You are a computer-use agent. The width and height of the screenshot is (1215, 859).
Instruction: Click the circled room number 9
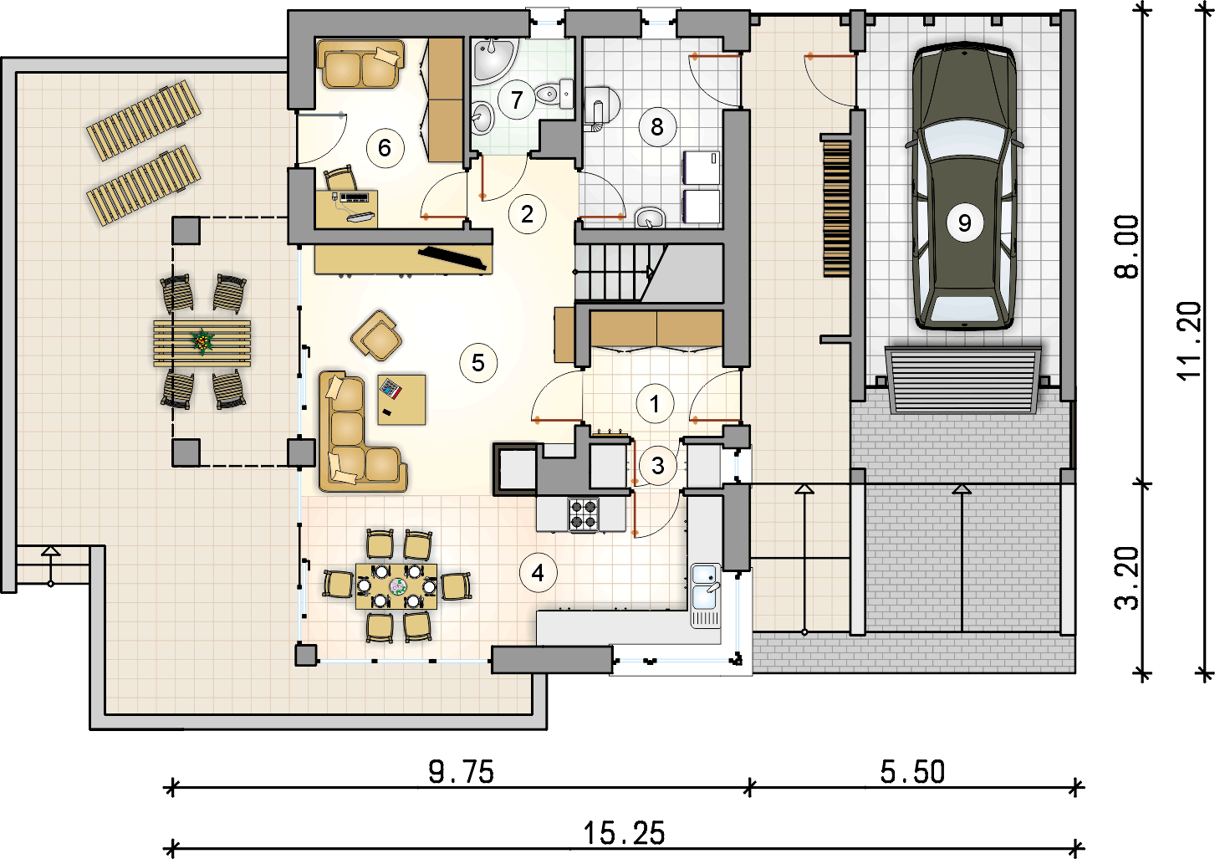coord(964,222)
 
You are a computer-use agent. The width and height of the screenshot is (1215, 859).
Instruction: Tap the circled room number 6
coord(385,147)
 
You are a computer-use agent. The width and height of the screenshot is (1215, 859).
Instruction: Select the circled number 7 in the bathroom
coord(517,100)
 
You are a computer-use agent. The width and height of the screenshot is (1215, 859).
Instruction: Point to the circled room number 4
coord(538,573)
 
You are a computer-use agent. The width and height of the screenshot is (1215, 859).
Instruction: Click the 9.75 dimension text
coord(462,772)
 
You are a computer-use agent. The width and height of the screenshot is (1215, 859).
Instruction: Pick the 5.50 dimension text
coord(912,772)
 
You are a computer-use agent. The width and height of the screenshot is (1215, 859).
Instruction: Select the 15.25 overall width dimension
coord(624,833)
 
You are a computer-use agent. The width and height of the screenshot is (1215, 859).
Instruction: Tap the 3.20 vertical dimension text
coord(1127,579)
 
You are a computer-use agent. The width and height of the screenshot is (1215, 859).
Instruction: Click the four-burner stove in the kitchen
coord(584,514)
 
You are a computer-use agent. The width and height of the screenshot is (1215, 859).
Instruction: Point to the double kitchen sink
coord(705,587)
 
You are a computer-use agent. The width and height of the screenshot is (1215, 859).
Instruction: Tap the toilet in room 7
coord(554,93)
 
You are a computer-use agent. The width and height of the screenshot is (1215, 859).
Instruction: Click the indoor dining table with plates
coord(396,586)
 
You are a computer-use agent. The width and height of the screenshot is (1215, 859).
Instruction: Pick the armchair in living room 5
coord(377,335)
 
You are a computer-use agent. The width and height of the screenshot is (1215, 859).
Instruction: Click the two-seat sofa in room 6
coord(360,64)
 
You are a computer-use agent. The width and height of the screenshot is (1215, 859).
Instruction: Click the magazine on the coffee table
coord(391,389)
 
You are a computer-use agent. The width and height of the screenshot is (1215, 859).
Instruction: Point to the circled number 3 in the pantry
coord(658,466)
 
